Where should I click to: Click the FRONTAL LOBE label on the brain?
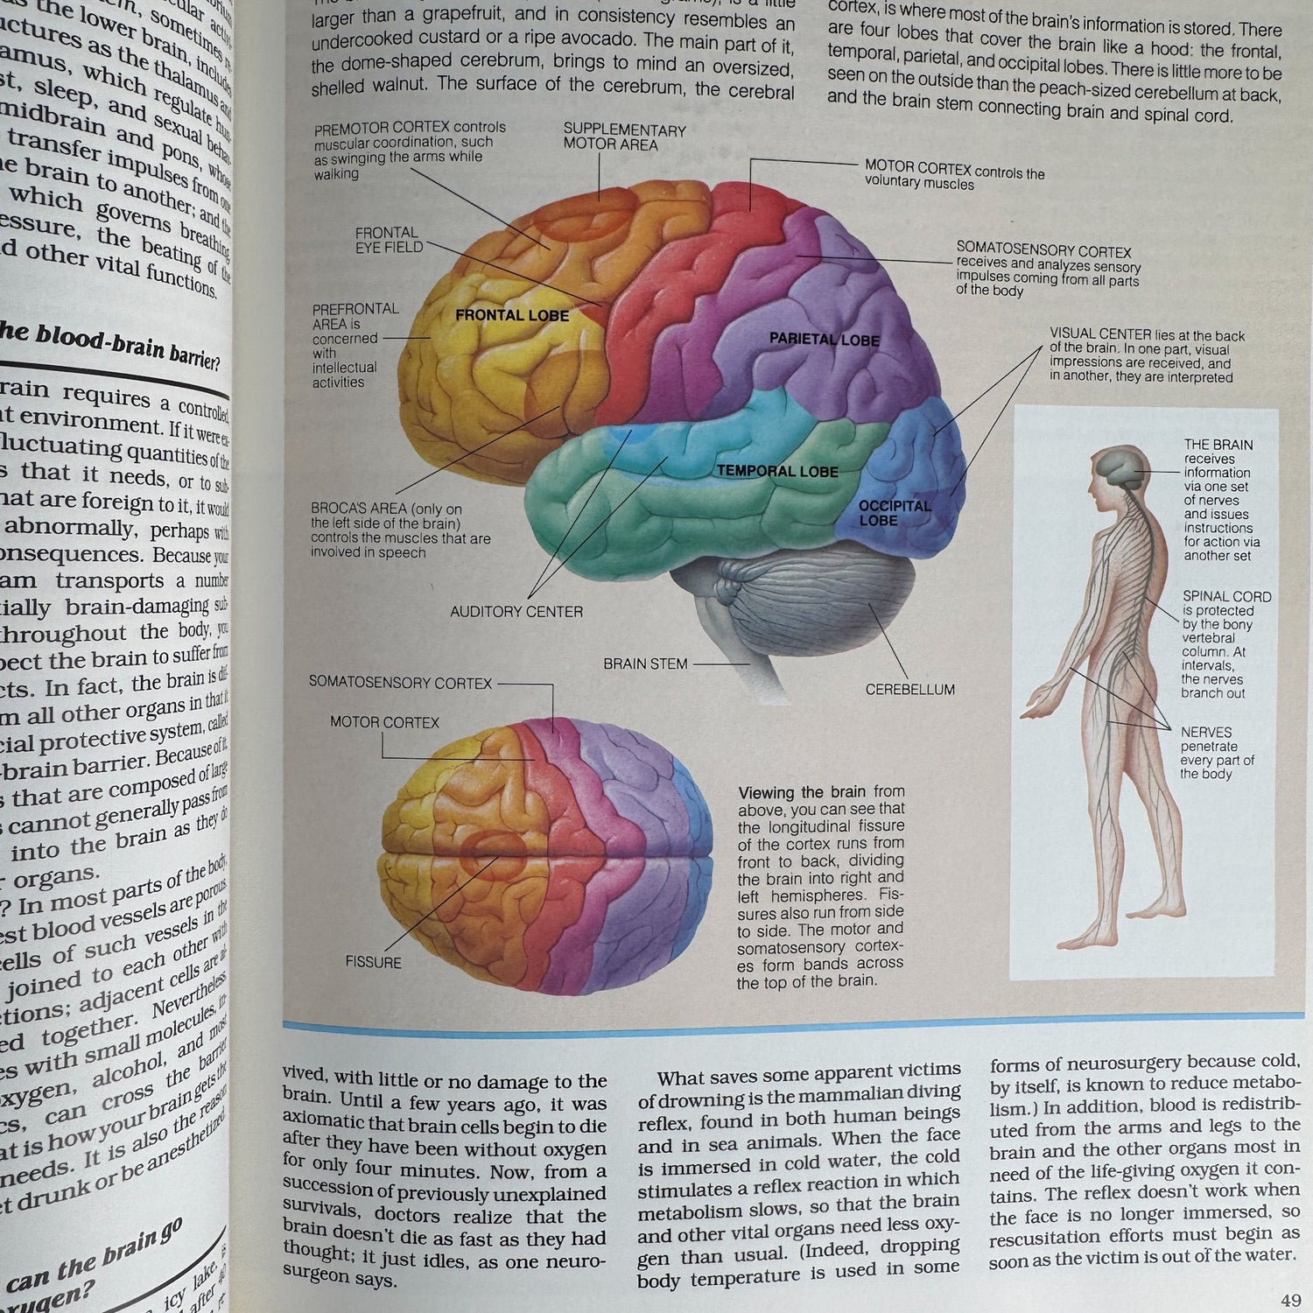[x=512, y=315]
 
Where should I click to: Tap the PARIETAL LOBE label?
[x=824, y=340]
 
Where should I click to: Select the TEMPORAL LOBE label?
[x=777, y=471]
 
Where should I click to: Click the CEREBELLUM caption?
[x=909, y=690]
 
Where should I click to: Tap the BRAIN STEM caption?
[x=645, y=664]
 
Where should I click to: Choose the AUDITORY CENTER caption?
[x=516, y=612]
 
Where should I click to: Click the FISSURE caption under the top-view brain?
[x=373, y=962]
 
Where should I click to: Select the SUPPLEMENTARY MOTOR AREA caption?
[x=624, y=137]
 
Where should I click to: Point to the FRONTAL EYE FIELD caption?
[x=389, y=240]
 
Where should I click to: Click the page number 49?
[x=1290, y=1301]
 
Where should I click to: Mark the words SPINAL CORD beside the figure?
[x=1226, y=597]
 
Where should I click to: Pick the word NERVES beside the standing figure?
[x=1205, y=733]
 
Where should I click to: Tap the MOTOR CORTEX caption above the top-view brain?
[x=384, y=722]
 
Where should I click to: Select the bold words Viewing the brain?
[x=802, y=792]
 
